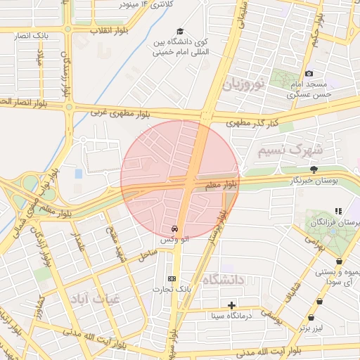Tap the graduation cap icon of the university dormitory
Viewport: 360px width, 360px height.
click(180, 32)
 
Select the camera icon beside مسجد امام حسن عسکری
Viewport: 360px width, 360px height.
click(309, 74)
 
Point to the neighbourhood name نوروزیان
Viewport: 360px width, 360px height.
click(244, 86)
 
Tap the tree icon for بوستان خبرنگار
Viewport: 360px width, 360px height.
click(314, 169)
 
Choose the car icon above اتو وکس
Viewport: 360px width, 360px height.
click(174, 229)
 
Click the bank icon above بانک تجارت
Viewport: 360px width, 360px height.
click(173, 278)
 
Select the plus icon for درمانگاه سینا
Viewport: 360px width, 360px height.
click(231, 304)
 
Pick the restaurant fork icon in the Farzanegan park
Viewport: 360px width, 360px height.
click(338, 210)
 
